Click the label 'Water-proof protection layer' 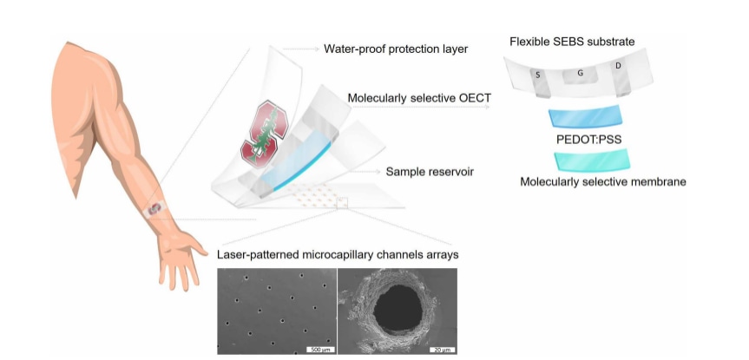(396, 49)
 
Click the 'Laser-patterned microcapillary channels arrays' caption (339, 254)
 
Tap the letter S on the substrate (538, 75)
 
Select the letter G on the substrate (580, 74)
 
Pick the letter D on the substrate (618, 66)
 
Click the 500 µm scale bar (318, 349)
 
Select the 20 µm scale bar (442, 349)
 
